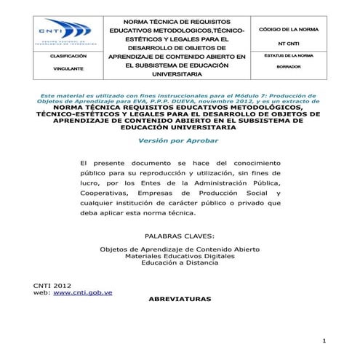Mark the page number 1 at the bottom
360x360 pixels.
coord(324,342)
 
